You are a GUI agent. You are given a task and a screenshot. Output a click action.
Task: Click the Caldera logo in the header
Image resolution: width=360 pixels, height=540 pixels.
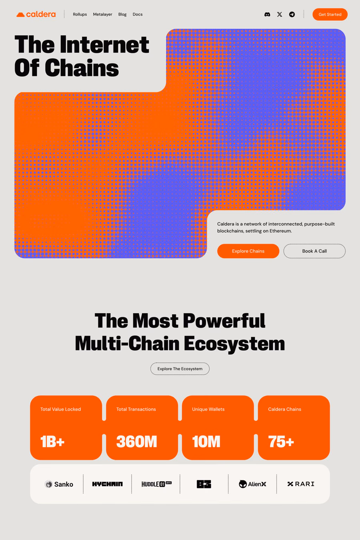pos(36,14)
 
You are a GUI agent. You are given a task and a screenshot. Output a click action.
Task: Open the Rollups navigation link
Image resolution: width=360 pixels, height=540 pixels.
pos(80,14)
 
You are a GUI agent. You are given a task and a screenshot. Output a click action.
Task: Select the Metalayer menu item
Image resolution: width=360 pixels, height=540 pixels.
pos(102,14)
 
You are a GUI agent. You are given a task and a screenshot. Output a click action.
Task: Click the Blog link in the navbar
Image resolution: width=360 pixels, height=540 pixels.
pos(122,14)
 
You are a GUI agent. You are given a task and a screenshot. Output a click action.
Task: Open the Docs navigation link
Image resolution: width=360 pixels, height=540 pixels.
pos(138,14)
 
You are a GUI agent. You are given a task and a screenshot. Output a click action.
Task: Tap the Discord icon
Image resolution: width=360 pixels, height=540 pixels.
pos(267,14)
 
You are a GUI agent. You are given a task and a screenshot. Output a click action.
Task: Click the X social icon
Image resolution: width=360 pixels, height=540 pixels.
pos(280,14)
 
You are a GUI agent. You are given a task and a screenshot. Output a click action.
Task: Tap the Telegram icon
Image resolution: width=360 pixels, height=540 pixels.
pos(292,14)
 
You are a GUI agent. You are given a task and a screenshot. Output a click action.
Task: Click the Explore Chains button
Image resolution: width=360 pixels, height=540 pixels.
pos(248,251)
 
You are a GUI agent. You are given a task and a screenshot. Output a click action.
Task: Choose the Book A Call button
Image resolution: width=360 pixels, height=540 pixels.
pos(314,251)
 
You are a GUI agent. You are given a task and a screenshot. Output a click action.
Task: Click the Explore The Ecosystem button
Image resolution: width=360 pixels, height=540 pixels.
pos(180,369)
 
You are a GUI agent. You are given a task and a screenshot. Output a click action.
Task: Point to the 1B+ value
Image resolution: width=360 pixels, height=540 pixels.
pos(52,442)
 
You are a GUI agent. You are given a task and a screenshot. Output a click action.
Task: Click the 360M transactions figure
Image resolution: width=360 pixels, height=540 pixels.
pos(137,442)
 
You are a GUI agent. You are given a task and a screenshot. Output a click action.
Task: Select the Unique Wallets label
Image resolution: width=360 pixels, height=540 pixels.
pos(208,409)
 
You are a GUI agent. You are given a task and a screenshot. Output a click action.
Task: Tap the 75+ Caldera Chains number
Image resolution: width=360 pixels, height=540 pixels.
pos(281,442)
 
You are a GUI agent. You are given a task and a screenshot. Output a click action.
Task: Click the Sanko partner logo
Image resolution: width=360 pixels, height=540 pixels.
pos(59,484)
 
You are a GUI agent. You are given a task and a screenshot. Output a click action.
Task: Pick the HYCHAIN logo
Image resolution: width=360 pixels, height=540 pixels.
pos(107,484)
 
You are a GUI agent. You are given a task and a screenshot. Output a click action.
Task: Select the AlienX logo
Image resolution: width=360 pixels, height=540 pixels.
pos(252,484)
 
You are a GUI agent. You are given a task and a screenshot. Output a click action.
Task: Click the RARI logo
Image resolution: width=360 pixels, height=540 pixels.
pos(301,484)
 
